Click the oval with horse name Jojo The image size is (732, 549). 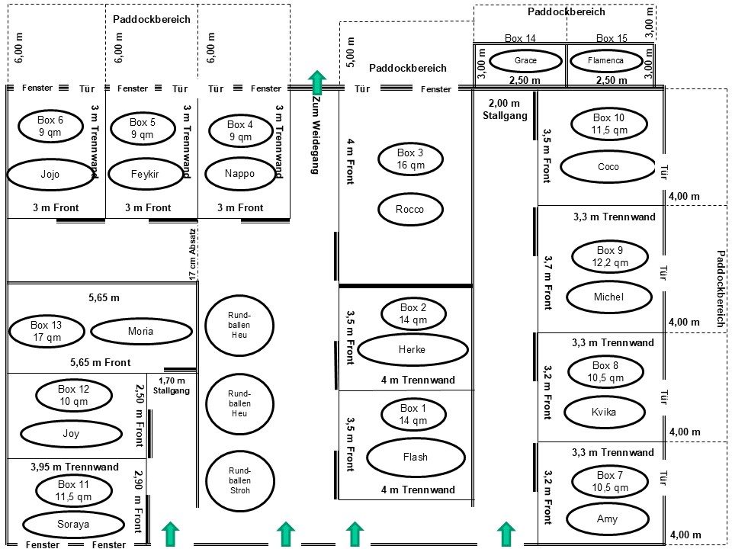pos(50,174)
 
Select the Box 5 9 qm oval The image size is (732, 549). pos(143,128)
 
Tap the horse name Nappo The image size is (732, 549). pos(240,173)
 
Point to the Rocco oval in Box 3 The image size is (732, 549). pos(409,210)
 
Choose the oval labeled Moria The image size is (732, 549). pos(141,331)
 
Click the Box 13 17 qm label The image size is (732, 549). pos(47,331)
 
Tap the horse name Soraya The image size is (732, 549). pos(73,525)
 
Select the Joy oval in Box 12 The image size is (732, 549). pos(71,434)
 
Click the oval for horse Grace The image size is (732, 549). pos(525,60)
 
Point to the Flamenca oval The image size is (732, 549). pos(606,60)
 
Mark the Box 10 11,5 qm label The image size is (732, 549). pos(608,124)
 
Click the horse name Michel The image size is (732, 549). pos(608,297)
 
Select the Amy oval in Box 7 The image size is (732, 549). pos(608,519)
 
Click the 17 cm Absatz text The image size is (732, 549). pos(193,253)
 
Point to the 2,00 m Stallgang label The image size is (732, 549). pos(504,110)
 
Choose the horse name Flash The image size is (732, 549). pos(416,457)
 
